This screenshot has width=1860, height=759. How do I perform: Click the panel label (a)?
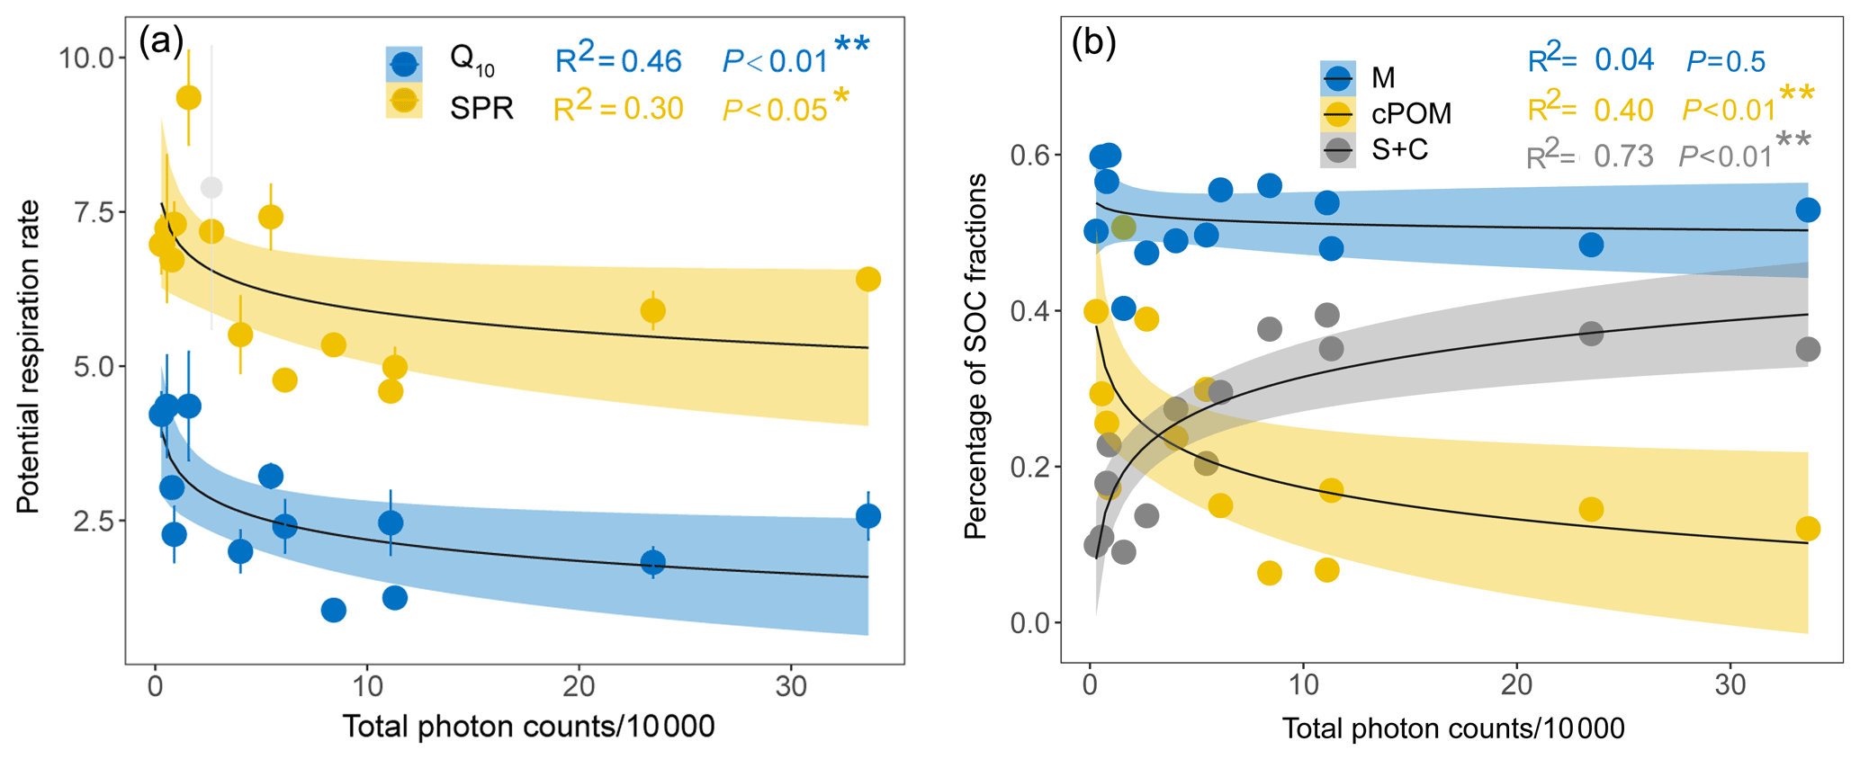click(x=161, y=41)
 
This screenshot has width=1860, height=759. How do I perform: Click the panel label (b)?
click(x=1094, y=43)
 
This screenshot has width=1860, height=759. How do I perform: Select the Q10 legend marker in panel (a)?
click(x=404, y=64)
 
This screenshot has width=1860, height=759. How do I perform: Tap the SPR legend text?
click(x=481, y=109)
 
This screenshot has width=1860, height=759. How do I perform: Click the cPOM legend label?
click(x=1411, y=114)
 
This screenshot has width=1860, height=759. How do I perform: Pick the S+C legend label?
click(x=1399, y=150)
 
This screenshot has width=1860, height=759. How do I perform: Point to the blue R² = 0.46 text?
click(x=618, y=60)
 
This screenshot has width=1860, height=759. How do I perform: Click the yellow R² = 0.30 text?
click(x=618, y=108)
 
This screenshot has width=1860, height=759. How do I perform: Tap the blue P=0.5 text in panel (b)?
click(x=1725, y=61)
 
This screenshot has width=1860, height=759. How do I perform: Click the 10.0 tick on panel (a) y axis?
click(x=86, y=58)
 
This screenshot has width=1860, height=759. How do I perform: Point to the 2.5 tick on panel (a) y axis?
click(x=94, y=522)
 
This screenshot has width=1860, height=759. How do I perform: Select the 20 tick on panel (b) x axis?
click(x=1516, y=686)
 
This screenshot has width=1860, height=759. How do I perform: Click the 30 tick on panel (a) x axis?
click(x=791, y=686)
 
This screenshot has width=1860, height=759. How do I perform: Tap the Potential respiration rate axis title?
click(x=29, y=357)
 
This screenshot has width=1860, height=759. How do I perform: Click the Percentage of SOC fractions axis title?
click(x=975, y=357)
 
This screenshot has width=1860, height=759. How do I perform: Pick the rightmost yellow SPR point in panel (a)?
click(x=867, y=280)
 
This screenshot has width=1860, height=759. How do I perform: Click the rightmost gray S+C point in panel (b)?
click(x=1807, y=349)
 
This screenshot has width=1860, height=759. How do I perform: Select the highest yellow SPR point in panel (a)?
click(x=188, y=98)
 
